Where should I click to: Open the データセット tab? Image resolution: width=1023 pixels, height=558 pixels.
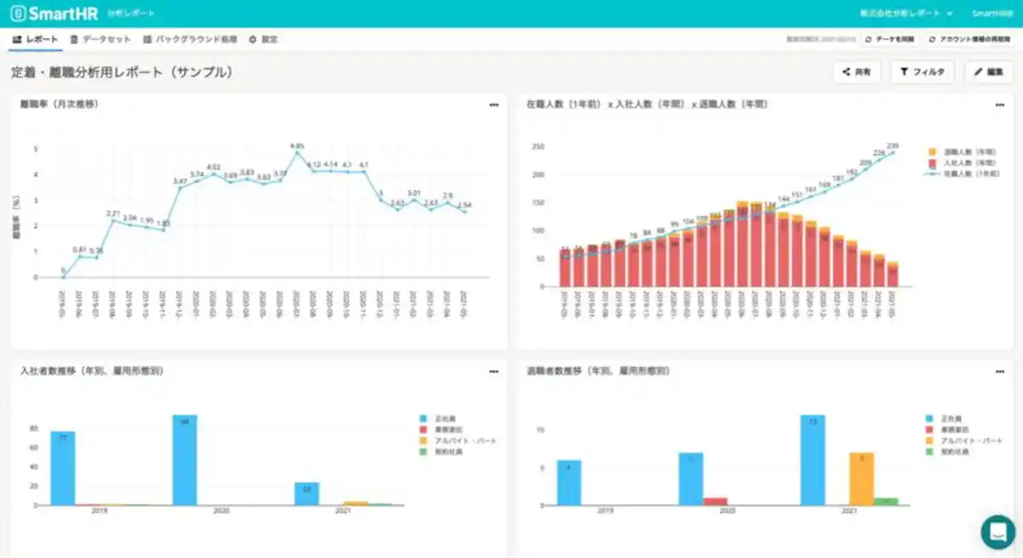pos(101,40)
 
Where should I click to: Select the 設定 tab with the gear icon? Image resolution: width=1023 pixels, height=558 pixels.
pos(263,40)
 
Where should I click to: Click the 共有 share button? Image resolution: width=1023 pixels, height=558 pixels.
pos(857,72)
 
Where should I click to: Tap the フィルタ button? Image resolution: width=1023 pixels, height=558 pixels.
pos(922,72)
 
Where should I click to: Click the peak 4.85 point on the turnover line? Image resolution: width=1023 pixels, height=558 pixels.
pos(297,153)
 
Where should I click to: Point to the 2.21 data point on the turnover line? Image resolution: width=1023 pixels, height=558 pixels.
pos(112,220)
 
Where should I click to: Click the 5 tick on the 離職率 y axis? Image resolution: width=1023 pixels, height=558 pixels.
pos(36,148)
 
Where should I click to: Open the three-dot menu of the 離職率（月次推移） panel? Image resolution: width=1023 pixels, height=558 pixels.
pos(493,105)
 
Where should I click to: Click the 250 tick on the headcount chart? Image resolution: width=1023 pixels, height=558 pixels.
pos(537,147)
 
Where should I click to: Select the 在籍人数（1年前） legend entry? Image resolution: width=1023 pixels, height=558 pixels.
pos(963,173)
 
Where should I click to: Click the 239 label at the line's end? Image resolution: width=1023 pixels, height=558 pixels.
pos(892,146)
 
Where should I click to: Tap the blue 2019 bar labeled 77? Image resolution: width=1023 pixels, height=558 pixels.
pos(63,467)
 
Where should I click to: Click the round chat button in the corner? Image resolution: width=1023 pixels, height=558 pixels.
pos(998,532)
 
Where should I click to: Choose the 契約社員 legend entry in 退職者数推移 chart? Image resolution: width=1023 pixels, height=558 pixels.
pos(957,452)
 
